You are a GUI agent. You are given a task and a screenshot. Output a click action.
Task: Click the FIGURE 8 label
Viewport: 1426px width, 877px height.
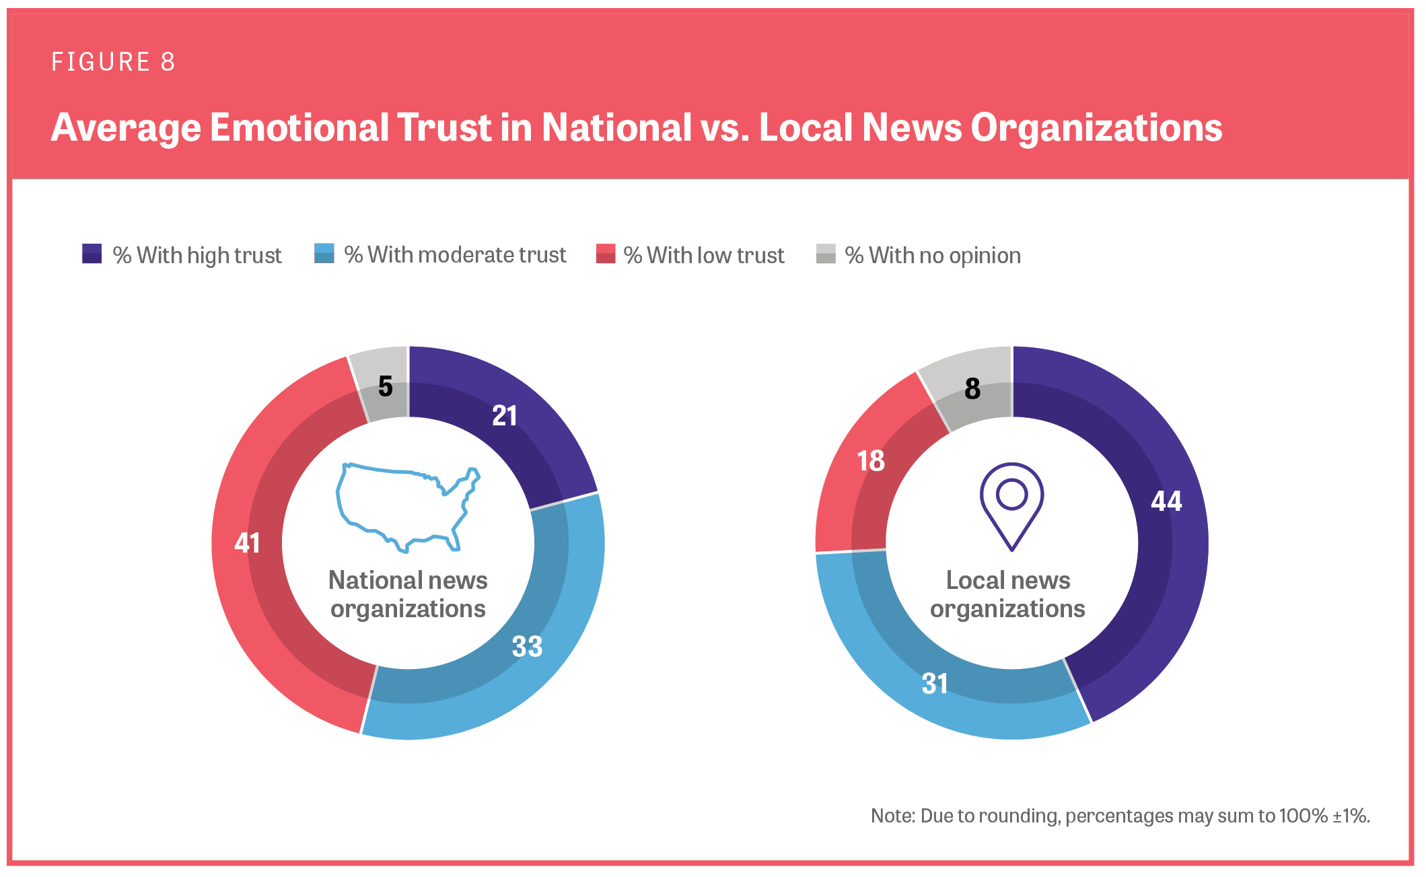click(113, 62)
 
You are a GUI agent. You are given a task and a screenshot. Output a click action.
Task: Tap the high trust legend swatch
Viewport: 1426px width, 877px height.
click(92, 254)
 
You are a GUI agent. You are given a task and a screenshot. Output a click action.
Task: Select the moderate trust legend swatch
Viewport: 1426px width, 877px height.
click(324, 254)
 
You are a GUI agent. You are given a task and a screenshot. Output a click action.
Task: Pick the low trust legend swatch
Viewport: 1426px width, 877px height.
click(606, 254)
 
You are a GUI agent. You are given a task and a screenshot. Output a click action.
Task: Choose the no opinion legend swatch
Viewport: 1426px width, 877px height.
click(826, 254)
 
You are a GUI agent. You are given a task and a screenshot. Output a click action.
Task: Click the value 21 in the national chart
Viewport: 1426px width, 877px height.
click(505, 416)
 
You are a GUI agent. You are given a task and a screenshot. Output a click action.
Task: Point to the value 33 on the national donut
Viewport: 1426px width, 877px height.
click(527, 647)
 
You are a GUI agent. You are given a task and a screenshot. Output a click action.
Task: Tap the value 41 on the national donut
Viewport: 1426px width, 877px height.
click(247, 542)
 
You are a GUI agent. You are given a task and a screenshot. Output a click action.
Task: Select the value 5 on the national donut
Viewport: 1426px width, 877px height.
click(385, 386)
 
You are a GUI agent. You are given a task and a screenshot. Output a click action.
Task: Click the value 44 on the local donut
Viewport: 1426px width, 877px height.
click(1166, 501)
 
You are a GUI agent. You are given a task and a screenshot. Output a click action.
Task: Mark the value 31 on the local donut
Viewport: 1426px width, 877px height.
click(935, 684)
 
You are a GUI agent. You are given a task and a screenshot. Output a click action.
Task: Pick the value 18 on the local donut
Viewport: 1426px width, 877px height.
click(870, 461)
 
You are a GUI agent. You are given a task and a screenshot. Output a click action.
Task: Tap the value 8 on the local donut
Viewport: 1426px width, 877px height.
click(972, 389)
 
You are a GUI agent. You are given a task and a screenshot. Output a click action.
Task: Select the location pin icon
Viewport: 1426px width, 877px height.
click(1011, 505)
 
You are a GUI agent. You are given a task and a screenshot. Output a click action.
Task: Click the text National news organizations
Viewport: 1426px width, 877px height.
click(408, 594)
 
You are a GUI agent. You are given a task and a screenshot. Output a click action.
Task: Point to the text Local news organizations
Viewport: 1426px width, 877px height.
click(1007, 594)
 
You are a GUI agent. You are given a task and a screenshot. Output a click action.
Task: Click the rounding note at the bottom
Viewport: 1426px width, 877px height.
click(1120, 816)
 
